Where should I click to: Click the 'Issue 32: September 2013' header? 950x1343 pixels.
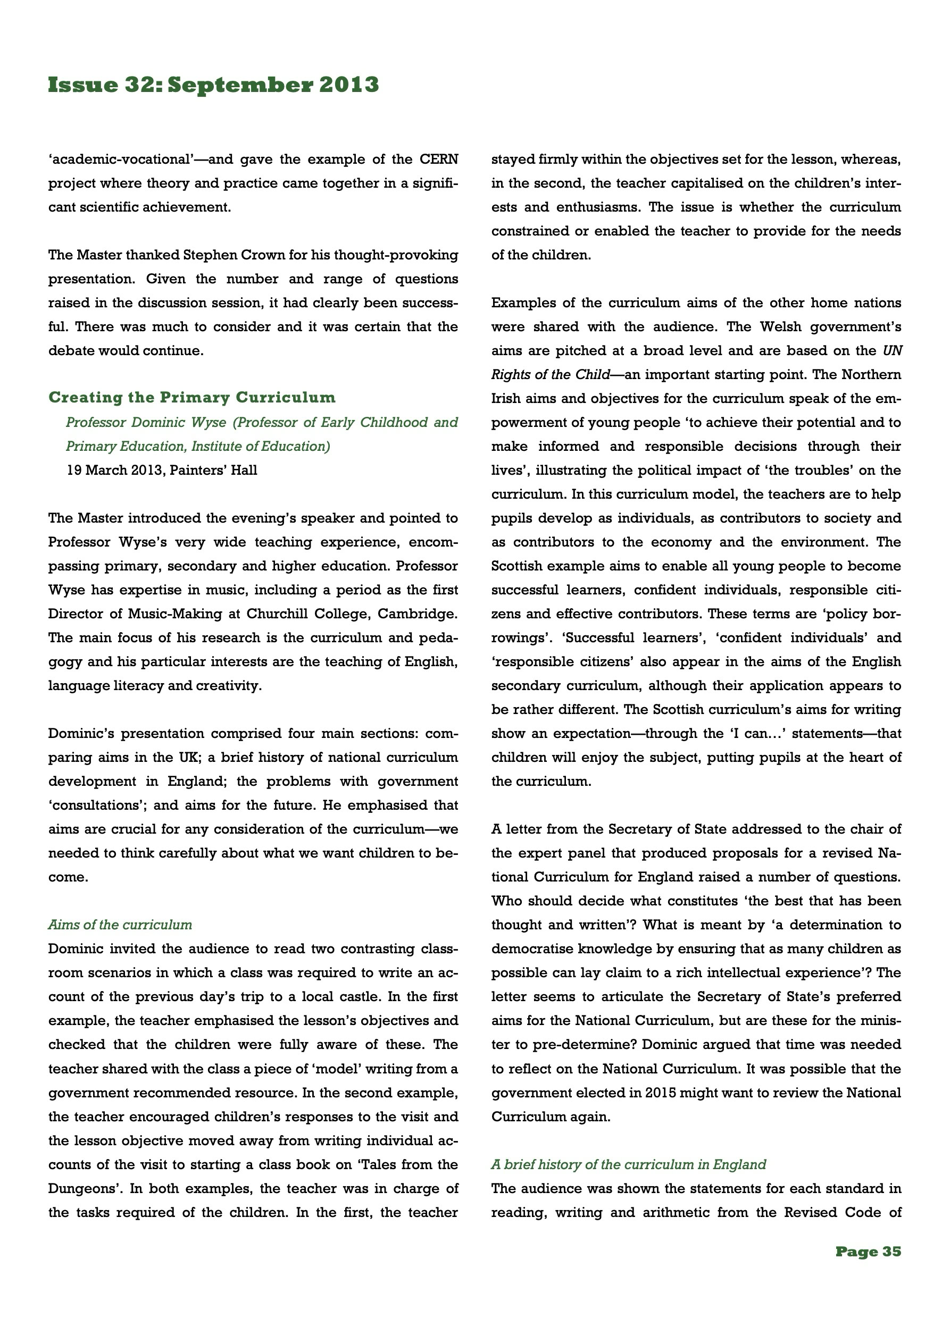(x=213, y=85)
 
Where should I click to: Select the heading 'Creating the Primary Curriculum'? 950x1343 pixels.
(x=192, y=398)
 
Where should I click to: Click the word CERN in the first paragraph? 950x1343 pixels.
(x=439, y=160)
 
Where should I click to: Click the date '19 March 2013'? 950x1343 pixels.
(x=111, y=471)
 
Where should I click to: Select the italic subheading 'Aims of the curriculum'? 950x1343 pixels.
(x=120, y=925)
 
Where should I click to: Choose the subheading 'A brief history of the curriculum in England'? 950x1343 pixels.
(x=629, y=1164)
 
